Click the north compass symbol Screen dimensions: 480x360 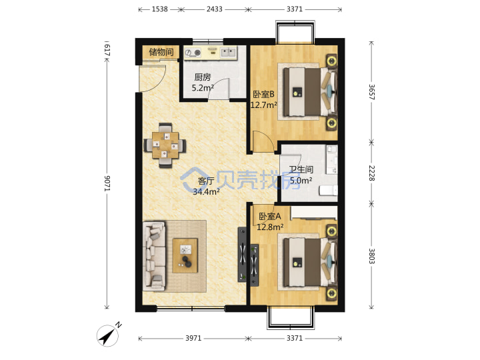(109, 335)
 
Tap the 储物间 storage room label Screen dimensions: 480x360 (161, 52)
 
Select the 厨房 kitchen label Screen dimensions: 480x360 (203, 77)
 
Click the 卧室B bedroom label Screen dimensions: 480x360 (263, 94)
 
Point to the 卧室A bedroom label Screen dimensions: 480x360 (270, 217)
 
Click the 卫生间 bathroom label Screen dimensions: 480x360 (301, 169)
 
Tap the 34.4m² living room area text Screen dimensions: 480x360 (206, 192)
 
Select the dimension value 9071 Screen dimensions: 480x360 (107, 183)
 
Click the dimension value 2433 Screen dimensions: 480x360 (214, 9)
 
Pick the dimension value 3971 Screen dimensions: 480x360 (193, 338)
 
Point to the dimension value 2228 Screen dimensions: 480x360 (371, 173)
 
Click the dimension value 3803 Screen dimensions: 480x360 (371, 256)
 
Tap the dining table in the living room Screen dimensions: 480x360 (165, 145)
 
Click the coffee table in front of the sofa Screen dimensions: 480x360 (185, 255)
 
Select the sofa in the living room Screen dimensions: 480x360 (154, 256)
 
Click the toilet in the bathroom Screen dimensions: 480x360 (328, 191)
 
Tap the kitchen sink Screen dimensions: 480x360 (229, 53)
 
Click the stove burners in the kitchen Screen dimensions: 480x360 (193, 53)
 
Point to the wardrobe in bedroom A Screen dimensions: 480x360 (314, 213)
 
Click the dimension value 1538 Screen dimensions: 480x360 (160, 9)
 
